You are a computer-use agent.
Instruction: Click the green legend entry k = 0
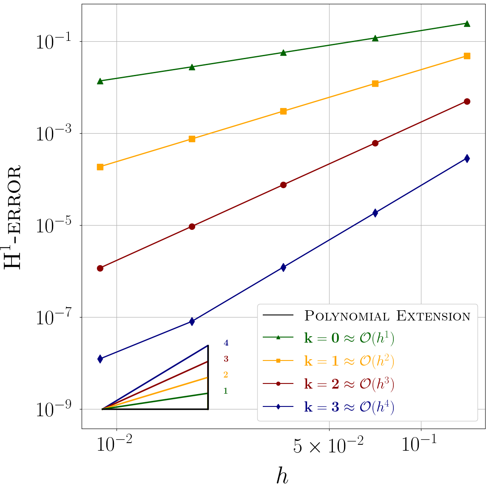[x=349, y=338]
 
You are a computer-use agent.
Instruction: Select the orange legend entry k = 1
[x=349, y=361]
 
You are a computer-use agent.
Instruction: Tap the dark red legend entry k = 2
[x=349, y=384]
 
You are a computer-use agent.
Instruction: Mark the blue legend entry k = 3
[x=349, y=407]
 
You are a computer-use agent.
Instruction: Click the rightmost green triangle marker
[x=467, y=23]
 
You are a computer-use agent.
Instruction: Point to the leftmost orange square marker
[x=100, y=167]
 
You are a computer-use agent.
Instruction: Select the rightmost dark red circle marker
[x=467, y=101]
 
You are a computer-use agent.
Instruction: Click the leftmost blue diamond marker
[x=100, y=359]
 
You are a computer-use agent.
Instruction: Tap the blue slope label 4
[x=226, y=343]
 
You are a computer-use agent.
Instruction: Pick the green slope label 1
[x=226, y=391]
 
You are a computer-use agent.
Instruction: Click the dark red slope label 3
[x=226, y=359]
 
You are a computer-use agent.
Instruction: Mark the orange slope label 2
[x=226, y=375]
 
